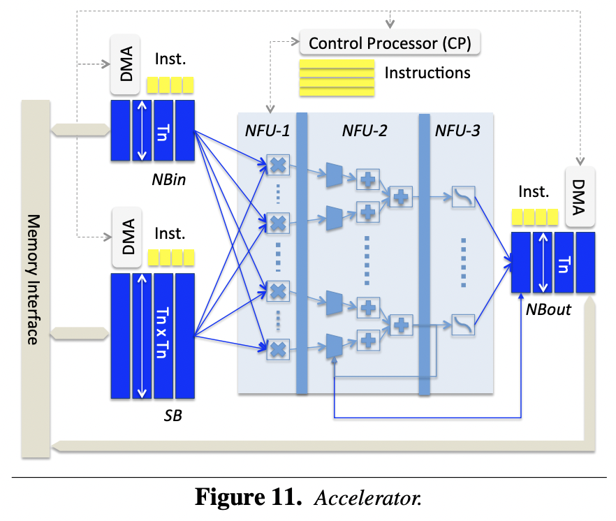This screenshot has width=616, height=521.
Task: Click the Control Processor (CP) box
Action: tap(390, 43)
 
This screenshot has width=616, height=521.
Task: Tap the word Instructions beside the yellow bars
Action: tap(427, 73)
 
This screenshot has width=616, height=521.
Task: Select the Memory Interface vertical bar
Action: tap(35, 279)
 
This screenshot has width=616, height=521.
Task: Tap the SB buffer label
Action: tap(173, 417)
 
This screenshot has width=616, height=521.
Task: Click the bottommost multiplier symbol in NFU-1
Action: tap(278, 346)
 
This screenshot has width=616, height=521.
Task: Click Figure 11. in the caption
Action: tap(247, 499)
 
